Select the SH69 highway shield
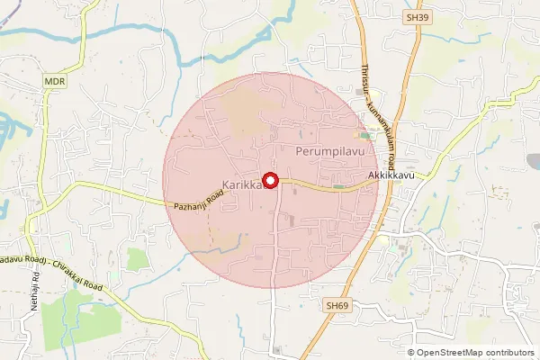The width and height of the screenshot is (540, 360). click(x=336, y=306)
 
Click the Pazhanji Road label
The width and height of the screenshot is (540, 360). click(x=197, y=200)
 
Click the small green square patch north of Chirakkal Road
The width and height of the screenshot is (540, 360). click(x=137, y=259)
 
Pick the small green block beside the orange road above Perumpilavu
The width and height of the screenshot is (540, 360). click(x=364, y=136)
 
